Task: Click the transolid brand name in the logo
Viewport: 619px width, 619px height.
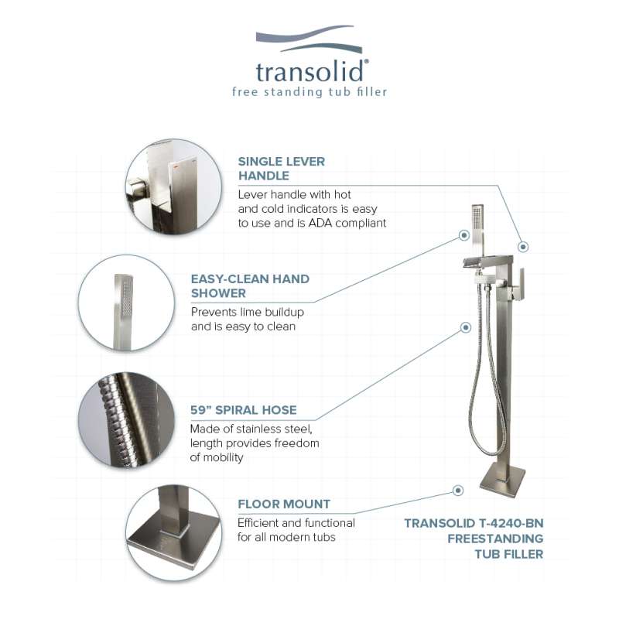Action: coord(312,72)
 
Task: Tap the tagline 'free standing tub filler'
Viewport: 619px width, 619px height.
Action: coord(309,92)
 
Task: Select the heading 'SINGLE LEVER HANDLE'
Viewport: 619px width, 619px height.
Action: coord(282,169)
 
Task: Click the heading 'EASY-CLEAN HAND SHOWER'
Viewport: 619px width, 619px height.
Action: coord(250,286)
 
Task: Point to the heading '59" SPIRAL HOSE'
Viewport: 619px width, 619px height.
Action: coord(244,410)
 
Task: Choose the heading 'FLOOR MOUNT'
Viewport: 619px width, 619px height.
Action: coord(284,504)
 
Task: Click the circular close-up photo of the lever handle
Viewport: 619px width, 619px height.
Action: coord(173,186)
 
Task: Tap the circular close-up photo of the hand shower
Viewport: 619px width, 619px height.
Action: coord(126,303)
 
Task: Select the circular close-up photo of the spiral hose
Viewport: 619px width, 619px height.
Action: coord(126,420)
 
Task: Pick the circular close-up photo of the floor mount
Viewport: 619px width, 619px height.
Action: coord(173,533)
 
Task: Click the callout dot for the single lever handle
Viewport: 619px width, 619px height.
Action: coord(523,247)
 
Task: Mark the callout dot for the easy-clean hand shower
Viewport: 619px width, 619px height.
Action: coord(464,235)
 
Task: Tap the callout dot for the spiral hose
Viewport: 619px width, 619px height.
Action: coord(466,327)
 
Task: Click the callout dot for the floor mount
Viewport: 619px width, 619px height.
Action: coord(458,491)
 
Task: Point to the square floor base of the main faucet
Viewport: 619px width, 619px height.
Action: coord(502,481)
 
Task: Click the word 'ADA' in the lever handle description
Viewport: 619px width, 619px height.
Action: coord(320,223)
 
